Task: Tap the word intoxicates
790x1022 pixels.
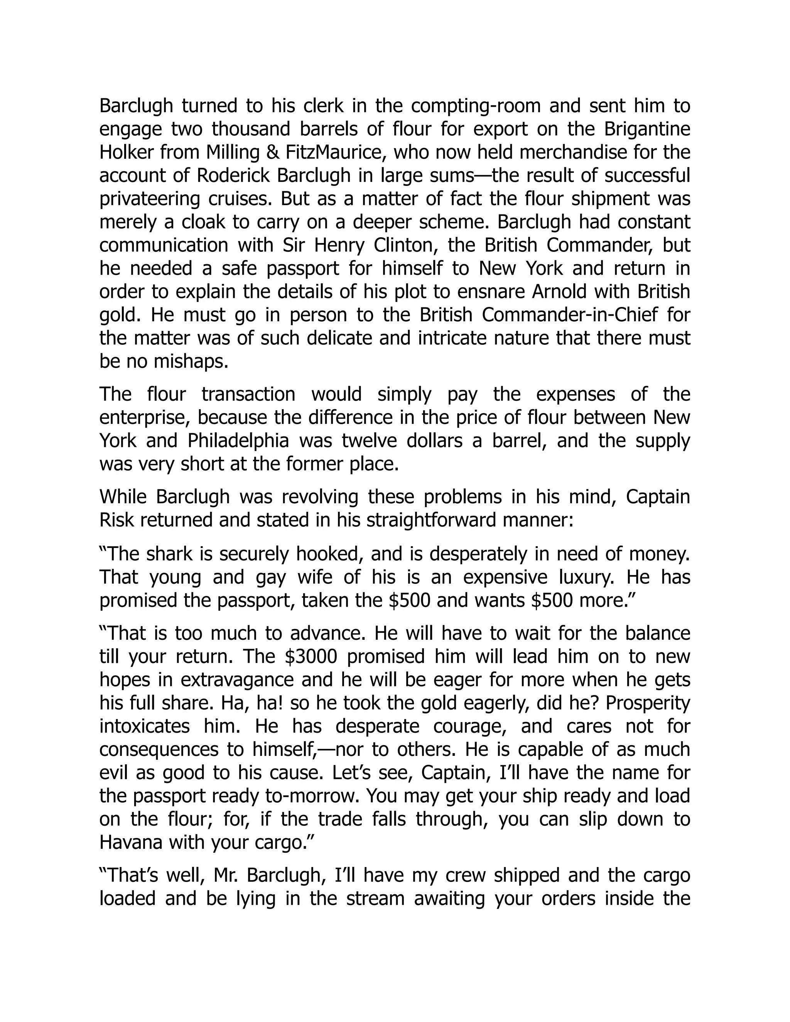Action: [x=145, y=726]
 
